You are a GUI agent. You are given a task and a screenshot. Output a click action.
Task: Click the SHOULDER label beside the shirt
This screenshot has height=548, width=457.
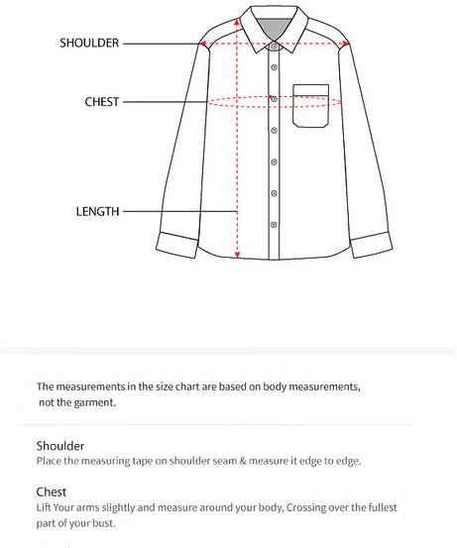[x=89, y=43]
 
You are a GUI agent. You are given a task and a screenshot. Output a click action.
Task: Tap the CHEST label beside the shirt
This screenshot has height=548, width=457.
[x=102, y=101]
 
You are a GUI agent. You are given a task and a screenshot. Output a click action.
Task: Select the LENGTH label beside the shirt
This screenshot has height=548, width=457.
[x=98, y=211]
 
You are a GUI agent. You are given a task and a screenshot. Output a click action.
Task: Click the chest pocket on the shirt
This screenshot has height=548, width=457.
[x=310, y=106]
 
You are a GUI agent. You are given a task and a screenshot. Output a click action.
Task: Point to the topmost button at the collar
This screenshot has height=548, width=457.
[x=275, y=45]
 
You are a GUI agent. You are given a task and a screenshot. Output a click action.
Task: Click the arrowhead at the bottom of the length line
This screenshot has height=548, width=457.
[x=238, y=254]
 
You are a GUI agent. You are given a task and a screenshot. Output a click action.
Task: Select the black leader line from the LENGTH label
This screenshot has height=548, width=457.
[x=178, y=211]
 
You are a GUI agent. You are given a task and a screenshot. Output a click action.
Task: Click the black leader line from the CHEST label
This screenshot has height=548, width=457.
[x=169, y=101]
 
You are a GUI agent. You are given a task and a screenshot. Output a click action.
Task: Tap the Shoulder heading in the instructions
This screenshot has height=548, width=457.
[x=60, y=446]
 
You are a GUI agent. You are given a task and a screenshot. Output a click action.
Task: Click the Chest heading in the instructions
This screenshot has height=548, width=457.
[x=52, y=492]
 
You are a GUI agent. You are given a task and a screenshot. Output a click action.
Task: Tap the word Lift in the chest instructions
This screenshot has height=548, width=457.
[x=45, y=507]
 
